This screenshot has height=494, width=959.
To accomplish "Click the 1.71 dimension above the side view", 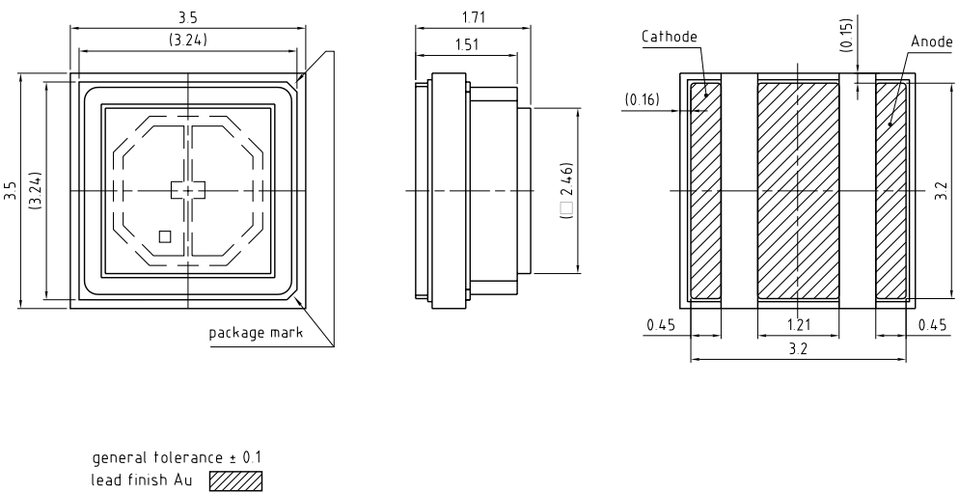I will pyautogui.click(x=473, y=18).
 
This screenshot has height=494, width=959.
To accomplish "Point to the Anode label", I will pyautogui.click(x=930, y=42).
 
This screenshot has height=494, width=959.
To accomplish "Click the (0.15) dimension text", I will pyautogui.click(x=845, y=34).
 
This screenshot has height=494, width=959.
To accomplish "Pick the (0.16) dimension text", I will pyautogui.click(x=643, y=99).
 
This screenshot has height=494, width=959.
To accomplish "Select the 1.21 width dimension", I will pyautogui.click(x=798, y=324).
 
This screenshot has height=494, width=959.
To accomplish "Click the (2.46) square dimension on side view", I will pyautogui.click(x=566, y=191).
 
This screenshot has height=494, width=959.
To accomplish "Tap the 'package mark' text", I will pyautogui.click(x=256, y=333).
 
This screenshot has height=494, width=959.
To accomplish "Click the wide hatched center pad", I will pyautogui.click(x=798, y=190).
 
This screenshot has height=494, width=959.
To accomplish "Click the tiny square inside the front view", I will pyautogui.click(x=165, y=235).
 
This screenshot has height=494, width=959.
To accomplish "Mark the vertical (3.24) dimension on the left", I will pyautogui.click(x=36, y=190).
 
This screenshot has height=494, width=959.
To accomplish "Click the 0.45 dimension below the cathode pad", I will pyautogui.click(x=661, y=324).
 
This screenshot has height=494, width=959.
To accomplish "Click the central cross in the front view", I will pyautogui.click(x=188, y=190).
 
